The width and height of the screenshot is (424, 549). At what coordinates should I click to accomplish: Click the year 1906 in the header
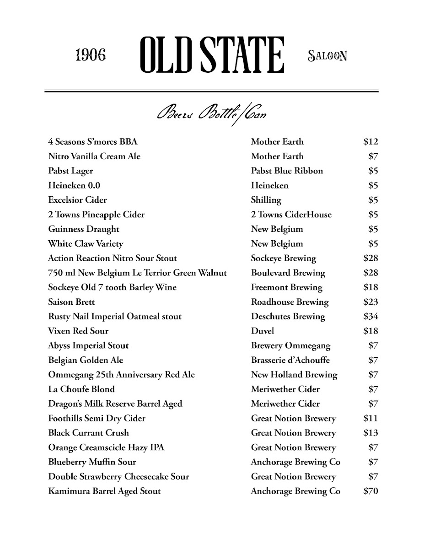pyautogui.click(x=90, y=55)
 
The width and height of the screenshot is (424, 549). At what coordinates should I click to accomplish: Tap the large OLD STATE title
pyautogui.click(x=212, y=55)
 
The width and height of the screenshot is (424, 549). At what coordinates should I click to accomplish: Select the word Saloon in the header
pyautogui.click(x=328, y=56)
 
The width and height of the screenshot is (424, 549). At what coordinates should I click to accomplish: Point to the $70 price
pyautogui.click(x=370, y=491)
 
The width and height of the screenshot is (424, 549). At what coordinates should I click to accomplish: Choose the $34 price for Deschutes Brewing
pyautogui.click(x=370, y=317)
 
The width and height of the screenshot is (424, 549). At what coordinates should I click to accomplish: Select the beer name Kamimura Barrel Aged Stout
pyautogui.click(x=104, y=491)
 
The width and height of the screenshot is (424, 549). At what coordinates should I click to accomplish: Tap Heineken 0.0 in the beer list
pyautogui.click(x=74, y=185)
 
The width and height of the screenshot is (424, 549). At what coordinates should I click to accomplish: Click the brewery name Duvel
pyautogui.click(x=263, y=331)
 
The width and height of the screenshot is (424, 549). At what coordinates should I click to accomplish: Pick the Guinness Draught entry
pyautogui.click(x=83, y=229)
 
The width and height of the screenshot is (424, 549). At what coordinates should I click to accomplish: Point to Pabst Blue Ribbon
pyautogui.click(x=287, y=171)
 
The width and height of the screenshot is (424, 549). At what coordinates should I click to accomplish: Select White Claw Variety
pyautogui.click(x=86, y=244)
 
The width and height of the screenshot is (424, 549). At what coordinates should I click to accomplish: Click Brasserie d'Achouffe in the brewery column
pyautogui.click(x=290, y=360)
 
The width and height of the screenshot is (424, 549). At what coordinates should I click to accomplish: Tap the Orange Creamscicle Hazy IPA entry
pyautogui.click(x=106, y=447)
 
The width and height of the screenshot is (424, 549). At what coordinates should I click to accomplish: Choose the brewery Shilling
pyautogui.click(x=266, y=200)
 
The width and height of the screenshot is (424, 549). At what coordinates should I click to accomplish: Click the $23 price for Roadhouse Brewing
pyautogui.click(x=370, y=302)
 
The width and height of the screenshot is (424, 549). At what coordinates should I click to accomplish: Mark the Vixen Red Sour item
pyautogui.click(x=78, y=331)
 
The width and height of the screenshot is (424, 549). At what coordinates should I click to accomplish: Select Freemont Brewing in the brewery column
pyautogui.click(x=287, y=287)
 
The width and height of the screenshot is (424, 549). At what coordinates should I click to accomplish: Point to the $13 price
pyautogui.click(x=370, y=433)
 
